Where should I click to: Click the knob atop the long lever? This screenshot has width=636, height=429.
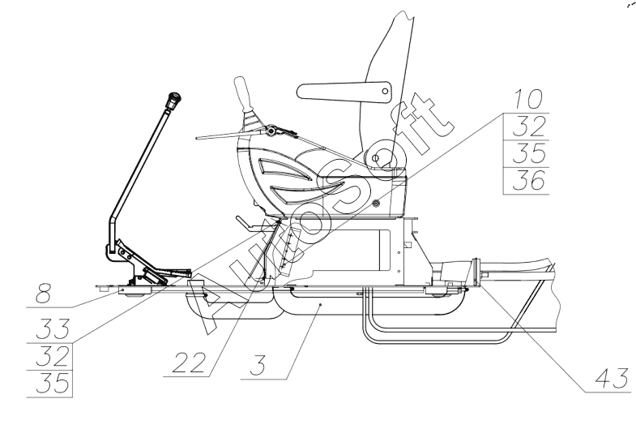click(171, 102)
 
